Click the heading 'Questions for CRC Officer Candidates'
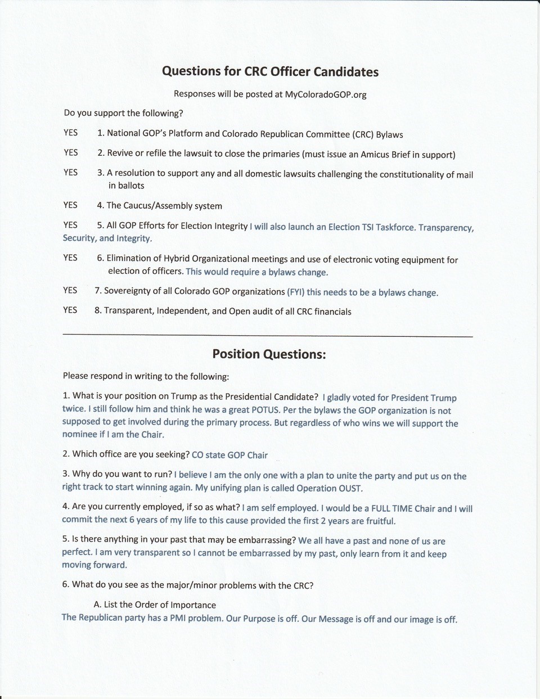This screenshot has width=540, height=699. (x=270, y=71)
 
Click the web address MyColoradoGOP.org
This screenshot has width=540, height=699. (x=326, y=94)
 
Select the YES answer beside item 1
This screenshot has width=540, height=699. (x=71, y=133)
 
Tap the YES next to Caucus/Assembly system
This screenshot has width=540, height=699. (x=70, y=205)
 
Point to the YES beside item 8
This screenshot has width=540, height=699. (x=70, y=310)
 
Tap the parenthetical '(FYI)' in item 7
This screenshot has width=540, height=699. (x=296, y=292)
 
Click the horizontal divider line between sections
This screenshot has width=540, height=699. (x=268, y=336)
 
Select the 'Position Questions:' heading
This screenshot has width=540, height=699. (x=269, y=354)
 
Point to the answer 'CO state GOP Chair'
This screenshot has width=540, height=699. (x=229, y=455)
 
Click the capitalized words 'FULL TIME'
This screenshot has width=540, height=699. (x=392, y=508)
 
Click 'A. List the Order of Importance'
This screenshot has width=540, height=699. (x=155, y=605)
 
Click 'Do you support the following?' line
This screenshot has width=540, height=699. (x=124, y=113)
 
